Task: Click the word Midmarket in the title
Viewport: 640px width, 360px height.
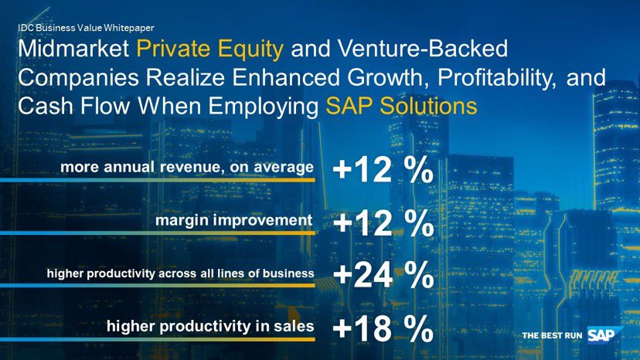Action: point(73,52)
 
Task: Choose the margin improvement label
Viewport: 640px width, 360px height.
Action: point(234,220)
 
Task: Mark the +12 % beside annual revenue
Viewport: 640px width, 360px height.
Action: point(382,172)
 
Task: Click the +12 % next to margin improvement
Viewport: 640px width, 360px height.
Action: point(382,225)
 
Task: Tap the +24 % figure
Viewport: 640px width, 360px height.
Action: point(382,277)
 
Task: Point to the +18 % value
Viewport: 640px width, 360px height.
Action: point(382,330)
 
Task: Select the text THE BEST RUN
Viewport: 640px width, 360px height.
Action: point(552,336)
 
